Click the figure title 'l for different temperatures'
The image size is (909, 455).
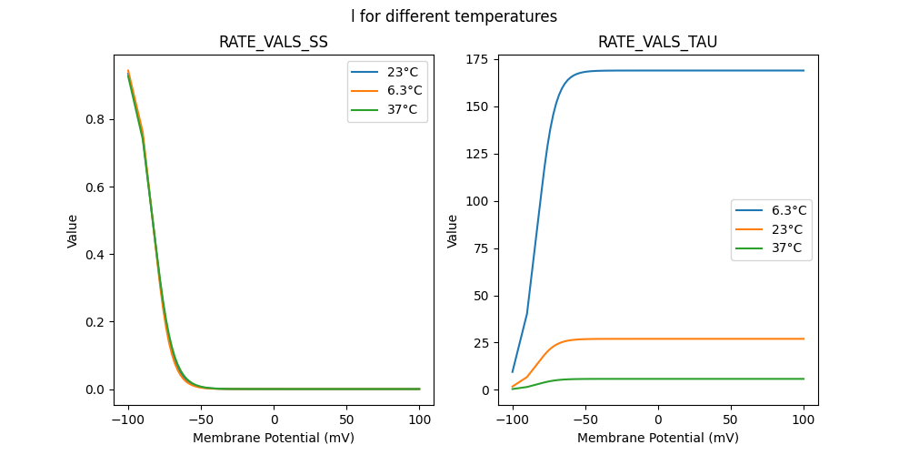(x=454, y=16)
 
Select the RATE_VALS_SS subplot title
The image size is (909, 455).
(x=274, y=42)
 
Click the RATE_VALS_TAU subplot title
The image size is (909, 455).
(x=657, y=42)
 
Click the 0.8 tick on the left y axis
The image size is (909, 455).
(x=98, y=119)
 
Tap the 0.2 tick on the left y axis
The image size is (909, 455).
(x=98, y=322)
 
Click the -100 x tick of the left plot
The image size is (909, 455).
(x=128, y=420)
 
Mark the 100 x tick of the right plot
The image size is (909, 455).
(x=804, y=420)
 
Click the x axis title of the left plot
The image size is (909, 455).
(x=274, y=438)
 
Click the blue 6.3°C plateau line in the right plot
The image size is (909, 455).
(x=709, y=71)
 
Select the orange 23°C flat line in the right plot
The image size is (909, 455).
(x=709, y=339)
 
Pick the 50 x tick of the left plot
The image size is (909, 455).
(x=346, y=420)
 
